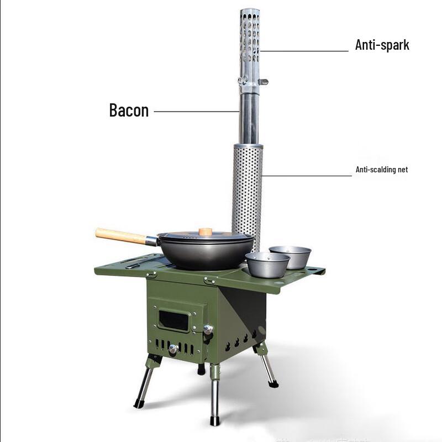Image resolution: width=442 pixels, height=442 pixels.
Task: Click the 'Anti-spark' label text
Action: pyautogui.click(x=382, y=45)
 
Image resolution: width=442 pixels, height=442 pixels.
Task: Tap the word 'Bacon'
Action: pyautogui.click(x=129, y=110)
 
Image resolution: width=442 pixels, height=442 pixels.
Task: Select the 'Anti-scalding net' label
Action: pyautogui.click(x=382, y=170)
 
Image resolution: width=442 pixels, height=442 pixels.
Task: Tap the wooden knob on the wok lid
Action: pyautogui.click(x=206, y=232)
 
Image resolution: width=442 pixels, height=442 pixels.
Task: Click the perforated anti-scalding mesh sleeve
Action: pyautogui.click(x=247, y=188)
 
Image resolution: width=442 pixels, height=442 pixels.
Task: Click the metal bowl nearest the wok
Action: pyautogui.click(x=267, y=265)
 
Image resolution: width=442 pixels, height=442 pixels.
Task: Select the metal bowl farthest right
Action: pyautogui.click(x=291, y=256)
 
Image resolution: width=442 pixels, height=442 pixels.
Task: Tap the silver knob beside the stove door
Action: pyautogui.click(x=208, y=330)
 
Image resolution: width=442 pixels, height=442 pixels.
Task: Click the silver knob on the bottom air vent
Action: pyautogui.click(x=173, y=349)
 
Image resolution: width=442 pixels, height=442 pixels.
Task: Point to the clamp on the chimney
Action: pyautogui.click(x=250, y=81)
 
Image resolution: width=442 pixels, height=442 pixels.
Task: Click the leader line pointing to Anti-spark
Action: pyautogui.click(x=304, y=51)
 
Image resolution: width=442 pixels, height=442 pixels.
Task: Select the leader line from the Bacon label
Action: pyautogui.click(x=196, y=111)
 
